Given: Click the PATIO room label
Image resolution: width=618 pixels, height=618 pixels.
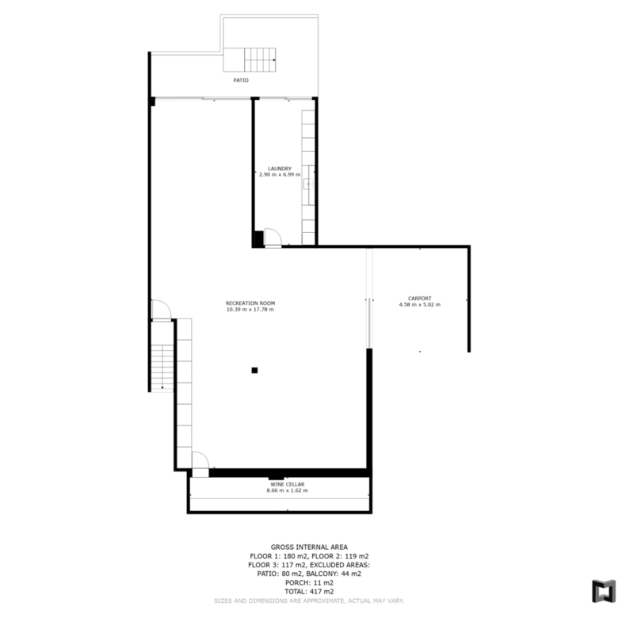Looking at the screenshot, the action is coord(241,80).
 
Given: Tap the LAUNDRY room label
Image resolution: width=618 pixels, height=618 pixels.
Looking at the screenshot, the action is coord(280,169).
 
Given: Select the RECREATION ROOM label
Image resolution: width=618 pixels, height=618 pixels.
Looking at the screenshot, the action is coord(250,303).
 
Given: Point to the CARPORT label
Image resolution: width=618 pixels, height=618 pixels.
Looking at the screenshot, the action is coord(420,299).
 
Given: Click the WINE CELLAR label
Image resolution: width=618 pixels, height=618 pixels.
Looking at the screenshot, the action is coord(288,484).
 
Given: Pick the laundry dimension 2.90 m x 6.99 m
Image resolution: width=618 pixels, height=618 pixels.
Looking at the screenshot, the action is coord(280,174).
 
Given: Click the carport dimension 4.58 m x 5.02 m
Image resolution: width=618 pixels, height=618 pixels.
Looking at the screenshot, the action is coord(420,305).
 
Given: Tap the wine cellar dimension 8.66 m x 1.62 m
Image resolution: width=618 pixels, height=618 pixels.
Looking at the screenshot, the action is coord(288,490).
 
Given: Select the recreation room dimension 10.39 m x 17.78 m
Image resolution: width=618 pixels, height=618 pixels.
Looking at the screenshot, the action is coord(250,309).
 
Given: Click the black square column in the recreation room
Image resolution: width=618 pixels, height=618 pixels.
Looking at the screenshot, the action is coord(254,370).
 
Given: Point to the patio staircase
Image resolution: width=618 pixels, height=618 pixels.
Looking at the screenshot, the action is coord(250,60).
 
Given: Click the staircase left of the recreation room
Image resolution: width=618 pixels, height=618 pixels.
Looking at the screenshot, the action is coord(162,368).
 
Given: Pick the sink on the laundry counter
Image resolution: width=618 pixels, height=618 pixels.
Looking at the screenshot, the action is coord(308,184).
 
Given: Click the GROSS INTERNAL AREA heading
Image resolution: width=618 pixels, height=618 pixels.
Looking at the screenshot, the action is coord(309,547).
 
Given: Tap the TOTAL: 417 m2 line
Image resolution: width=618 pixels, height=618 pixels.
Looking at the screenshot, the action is coord(309,592).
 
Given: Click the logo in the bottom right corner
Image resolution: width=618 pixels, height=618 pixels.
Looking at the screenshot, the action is coord(604,591).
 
